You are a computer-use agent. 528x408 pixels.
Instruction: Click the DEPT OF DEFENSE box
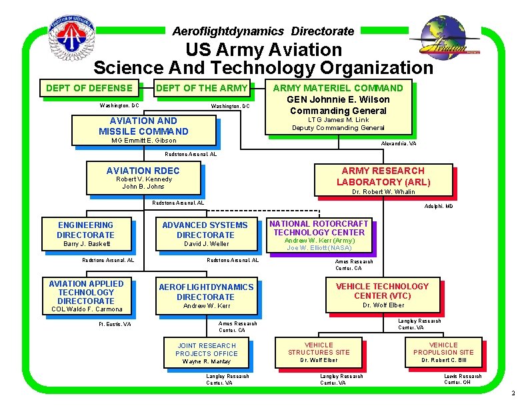[88, 88]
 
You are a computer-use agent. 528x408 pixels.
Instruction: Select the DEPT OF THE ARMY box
[201, 88]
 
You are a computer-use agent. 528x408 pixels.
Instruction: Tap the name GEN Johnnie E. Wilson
[338, 99]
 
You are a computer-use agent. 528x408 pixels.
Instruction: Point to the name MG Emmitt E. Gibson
[144, 140]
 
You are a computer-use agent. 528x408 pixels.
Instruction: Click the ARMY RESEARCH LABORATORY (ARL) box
[383, 180]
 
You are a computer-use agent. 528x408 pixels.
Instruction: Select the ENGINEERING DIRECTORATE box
[86, 235]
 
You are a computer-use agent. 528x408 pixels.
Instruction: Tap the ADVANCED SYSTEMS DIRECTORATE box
[205, 235]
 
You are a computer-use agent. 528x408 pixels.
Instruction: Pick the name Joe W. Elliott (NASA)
[319, 248]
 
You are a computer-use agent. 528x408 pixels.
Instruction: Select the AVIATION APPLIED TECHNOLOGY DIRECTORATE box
[86, 296]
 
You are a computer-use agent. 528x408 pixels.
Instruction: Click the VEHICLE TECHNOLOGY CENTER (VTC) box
[383, 295]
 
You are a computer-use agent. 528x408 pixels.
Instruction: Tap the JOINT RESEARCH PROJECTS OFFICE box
[206, 353]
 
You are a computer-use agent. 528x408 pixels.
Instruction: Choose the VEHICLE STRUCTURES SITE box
[319, 352]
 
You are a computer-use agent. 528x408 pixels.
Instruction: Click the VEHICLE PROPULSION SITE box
[443, 352]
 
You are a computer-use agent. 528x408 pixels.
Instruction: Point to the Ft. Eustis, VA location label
[115, 324]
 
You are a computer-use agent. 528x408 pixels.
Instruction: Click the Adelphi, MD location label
[439, 207]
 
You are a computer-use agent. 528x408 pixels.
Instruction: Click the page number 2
[512, 393]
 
